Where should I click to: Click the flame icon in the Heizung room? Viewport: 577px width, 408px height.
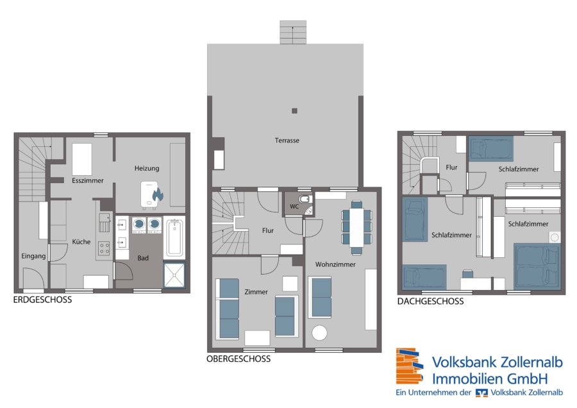click(158, 194)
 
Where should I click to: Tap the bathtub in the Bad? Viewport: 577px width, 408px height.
click(174, 237)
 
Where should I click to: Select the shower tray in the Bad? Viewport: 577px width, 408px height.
click(174, 275)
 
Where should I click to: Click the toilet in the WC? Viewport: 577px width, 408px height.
click(305, 200)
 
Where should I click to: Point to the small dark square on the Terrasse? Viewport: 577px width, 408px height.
click(294, 110)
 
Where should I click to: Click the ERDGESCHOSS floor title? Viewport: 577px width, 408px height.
click(43, 300)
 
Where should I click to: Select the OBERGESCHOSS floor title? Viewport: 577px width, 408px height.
click(238, 359)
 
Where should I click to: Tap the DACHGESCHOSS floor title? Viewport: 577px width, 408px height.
click(431, 302)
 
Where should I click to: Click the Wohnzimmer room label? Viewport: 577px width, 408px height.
click(335, 264)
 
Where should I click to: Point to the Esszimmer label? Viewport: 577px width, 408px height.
click(88, 180)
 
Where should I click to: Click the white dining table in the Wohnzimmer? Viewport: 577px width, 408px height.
click(356, 228)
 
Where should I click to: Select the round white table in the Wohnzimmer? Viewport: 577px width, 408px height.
click(319, 333)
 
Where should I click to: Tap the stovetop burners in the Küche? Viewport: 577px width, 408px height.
click(104, 248)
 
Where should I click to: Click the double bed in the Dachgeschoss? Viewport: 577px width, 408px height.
click(537, 266)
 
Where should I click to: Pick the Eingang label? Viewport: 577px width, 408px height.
click(33, 257)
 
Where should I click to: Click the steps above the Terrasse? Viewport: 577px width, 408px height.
click(293, 33)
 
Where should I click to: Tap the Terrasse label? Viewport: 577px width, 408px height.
click(287, 140)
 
